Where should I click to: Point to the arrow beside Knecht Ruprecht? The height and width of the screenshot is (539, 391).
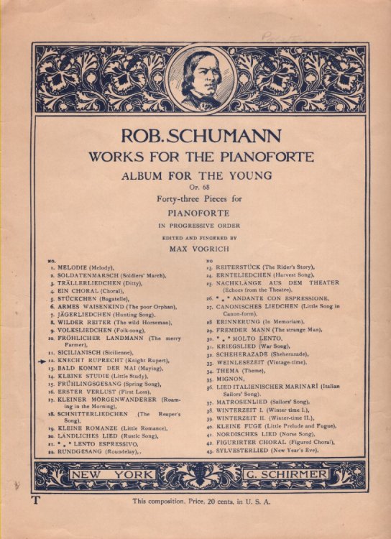coord(42,360)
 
